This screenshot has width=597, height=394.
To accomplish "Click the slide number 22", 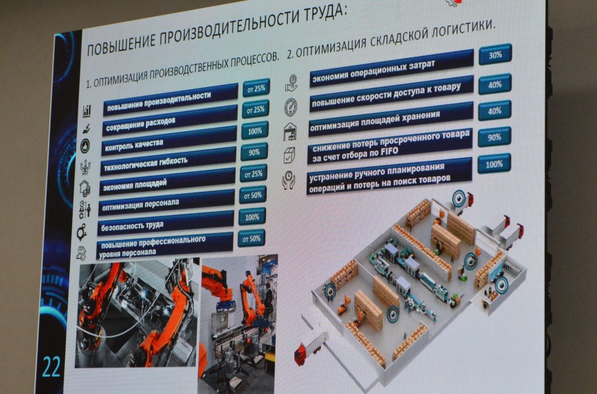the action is (x=51, y=367).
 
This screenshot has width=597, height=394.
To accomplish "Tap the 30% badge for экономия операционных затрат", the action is (x=495, y=54).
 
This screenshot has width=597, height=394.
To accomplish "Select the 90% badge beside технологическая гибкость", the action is (x=254, y=152).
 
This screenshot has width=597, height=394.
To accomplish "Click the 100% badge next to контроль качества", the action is (x=255, y=131).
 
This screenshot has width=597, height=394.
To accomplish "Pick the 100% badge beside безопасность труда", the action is (x=252, y=217).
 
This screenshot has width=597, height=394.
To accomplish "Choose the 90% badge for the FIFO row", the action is (x=494, y=137).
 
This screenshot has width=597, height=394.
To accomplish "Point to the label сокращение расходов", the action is (x=141, y=124).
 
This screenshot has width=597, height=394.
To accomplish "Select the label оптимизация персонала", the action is (x=141, y=205).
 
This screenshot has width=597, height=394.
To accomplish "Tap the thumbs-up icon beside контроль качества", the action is (x=85, y=146).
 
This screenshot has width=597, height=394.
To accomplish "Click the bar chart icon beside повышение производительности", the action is (x=87, y=111).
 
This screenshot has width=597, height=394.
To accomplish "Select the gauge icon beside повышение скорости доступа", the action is (x=291, y=107).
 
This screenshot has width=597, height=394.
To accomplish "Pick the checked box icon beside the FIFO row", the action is (x=289, y=155).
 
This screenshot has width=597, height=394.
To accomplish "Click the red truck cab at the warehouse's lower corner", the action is (x=300, y=355).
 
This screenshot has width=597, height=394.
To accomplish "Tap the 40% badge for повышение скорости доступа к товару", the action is (x=494, y=84).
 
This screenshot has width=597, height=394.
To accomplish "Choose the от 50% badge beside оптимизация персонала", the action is (x=253, y=196).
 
